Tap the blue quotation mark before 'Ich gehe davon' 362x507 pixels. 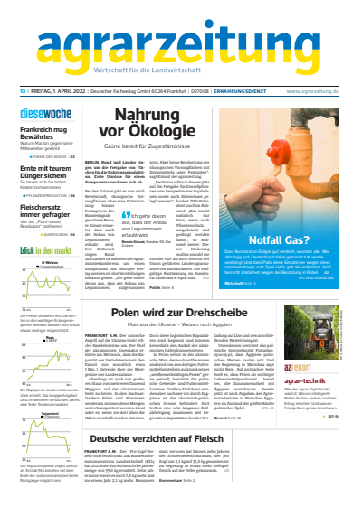coord(135,214)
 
